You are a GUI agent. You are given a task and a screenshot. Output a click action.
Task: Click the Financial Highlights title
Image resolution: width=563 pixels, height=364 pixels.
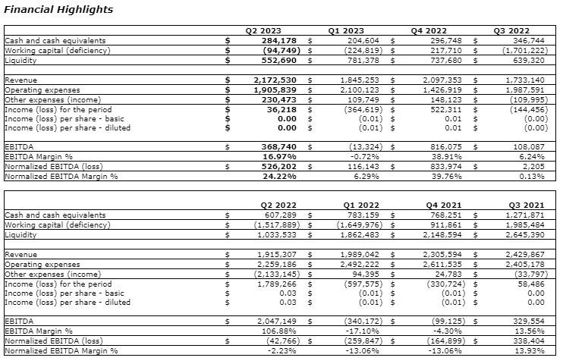pyautogui.click(x=59, y=10)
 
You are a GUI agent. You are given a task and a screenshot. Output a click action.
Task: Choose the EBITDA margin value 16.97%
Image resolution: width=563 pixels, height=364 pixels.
pyautogui.click(x=281, y=157)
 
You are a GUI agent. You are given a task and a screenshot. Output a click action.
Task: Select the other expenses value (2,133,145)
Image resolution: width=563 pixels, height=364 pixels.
pyautogui.click(x=272, y=272)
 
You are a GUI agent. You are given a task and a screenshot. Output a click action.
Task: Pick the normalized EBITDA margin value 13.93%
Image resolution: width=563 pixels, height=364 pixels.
pyautogui.click(x=530, y=350)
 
